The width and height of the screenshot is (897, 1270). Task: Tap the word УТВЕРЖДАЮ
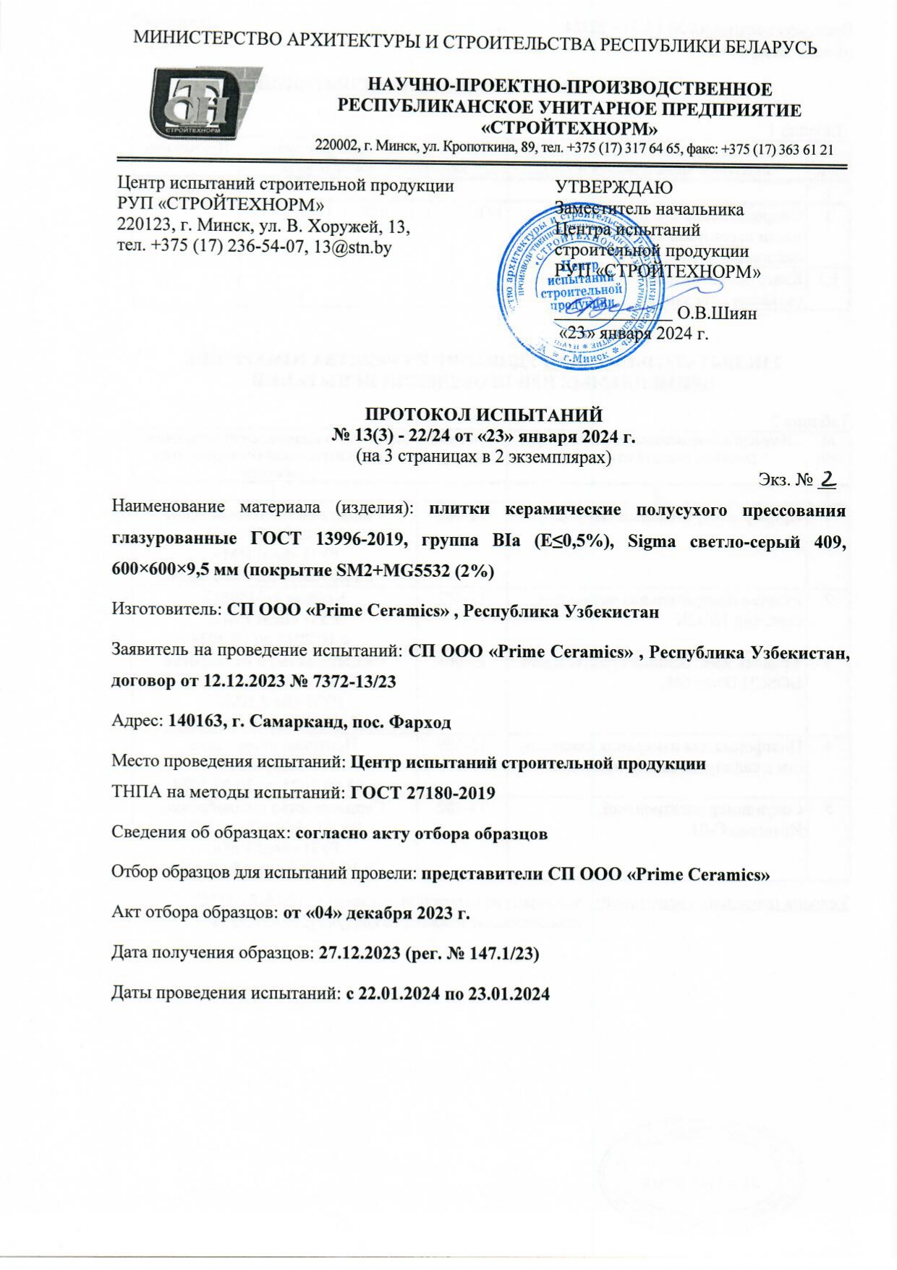[613, 187]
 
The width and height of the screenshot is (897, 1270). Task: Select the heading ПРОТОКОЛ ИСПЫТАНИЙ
[483, 415]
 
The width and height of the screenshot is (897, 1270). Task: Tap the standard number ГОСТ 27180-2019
[422, 793]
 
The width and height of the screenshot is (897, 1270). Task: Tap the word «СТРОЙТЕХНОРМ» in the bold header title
[569, 129]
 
